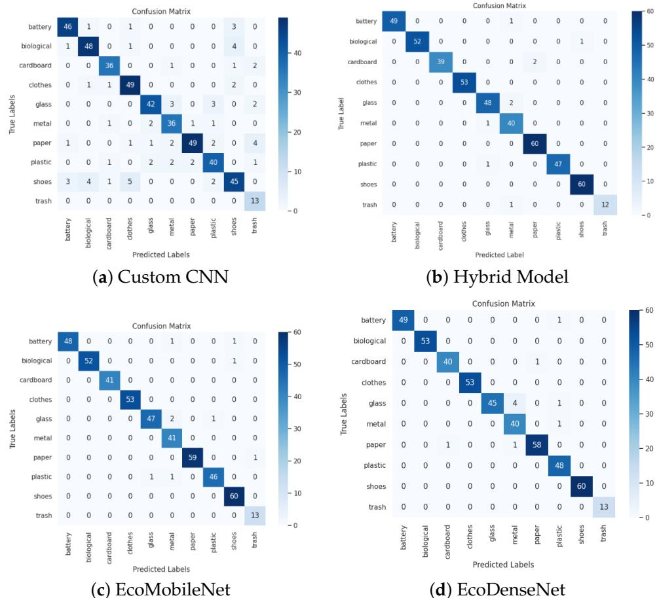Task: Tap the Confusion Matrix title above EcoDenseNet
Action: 503,304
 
